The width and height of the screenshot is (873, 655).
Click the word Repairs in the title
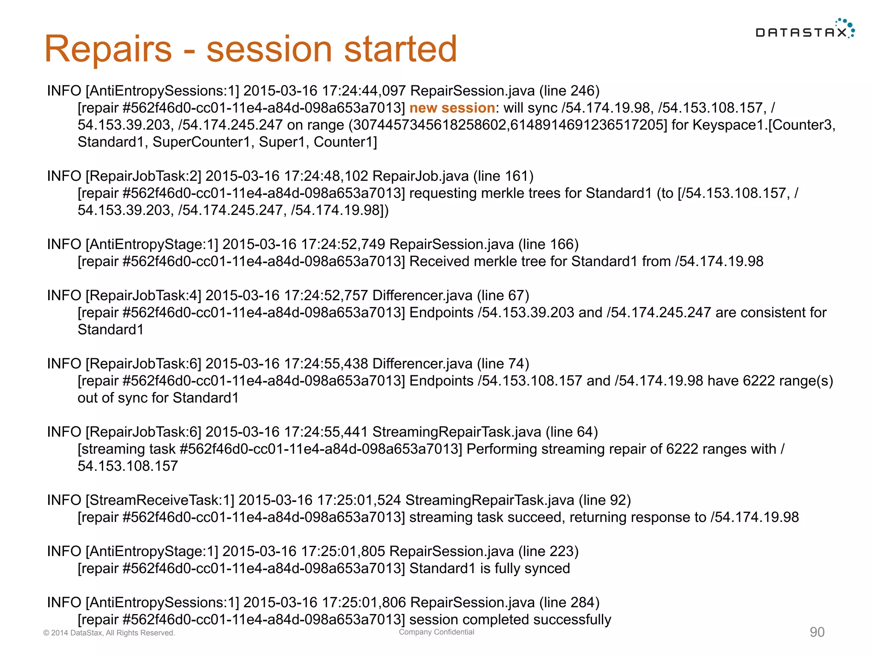tap(108, 49)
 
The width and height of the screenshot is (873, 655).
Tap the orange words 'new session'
tap(452, 108)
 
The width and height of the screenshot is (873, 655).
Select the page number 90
tap(817, 632)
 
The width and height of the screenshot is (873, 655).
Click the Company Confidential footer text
tap(436, 632)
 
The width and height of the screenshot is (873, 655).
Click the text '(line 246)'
tap(569, 91)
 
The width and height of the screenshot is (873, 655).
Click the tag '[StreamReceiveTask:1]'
tap(160, 500)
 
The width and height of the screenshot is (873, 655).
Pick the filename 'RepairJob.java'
tap(420, 176)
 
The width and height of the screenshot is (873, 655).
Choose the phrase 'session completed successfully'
tap(510, 620)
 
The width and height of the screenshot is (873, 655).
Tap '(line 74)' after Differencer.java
tap(503, 364)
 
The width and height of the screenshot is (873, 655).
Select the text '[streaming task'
tap(126, 449)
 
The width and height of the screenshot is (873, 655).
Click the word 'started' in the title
tap(400, 49)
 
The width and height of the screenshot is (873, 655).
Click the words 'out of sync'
tap(113, 398)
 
